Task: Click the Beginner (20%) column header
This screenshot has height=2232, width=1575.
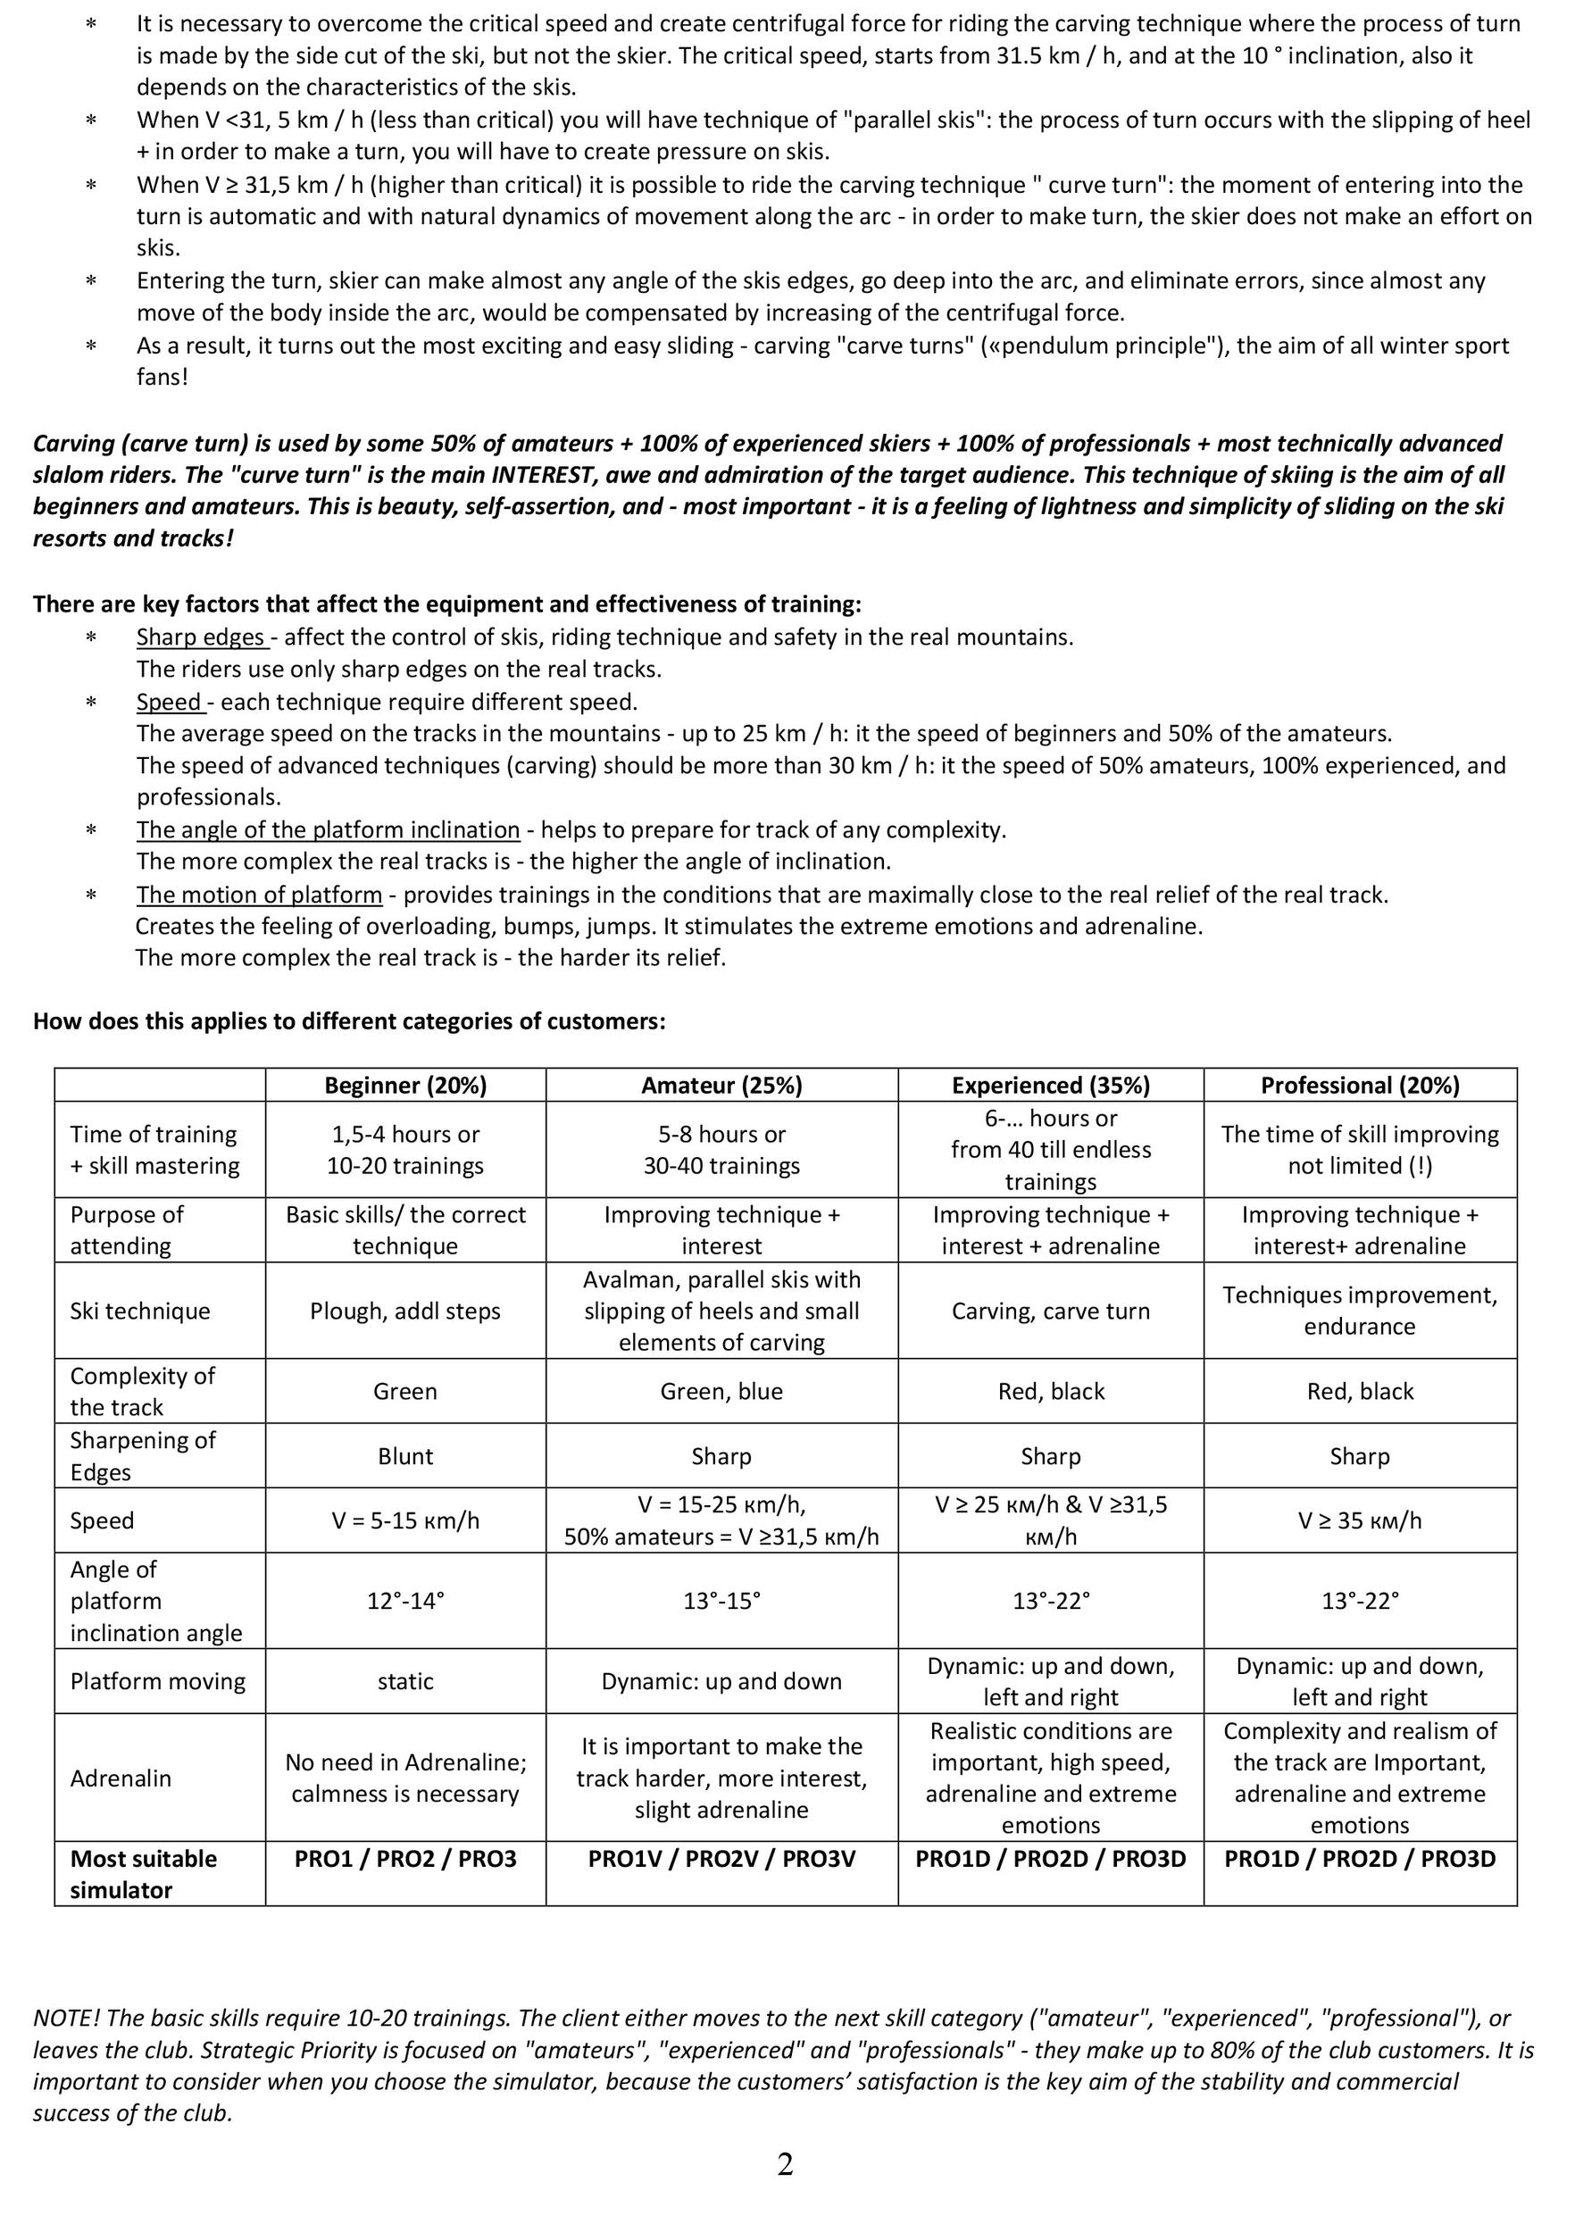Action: (x=405, y=1085)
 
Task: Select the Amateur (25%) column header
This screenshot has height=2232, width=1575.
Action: (x=721, y=1085)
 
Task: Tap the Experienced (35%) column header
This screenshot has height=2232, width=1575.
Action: (x=1050, y=1085)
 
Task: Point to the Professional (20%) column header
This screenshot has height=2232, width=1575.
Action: (x=1359, y=1085)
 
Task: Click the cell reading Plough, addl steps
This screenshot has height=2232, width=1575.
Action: (x=405, y=1311)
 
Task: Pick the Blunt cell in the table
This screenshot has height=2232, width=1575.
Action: (x=405, y=1455)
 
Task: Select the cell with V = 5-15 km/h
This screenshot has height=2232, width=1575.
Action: (x=405, y=1520)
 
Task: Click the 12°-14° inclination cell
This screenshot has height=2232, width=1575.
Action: (x=405, y=1600)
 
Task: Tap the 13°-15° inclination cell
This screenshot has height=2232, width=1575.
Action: (x=721, y=1600)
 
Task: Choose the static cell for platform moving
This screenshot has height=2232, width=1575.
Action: (x=405, y=1681)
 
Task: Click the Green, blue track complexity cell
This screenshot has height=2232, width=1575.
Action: (x=721, y=1391)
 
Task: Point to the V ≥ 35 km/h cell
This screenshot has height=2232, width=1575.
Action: (x=1359, y=1520)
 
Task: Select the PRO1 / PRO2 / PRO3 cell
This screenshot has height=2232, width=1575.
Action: (x=405, y=1859)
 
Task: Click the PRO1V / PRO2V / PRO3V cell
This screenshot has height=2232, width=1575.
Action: (x=721, y=1859)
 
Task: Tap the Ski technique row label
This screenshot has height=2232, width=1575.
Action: (x=140, y=1311)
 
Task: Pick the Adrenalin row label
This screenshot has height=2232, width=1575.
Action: (x=121, y=1778)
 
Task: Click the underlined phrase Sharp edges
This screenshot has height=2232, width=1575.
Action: (x=201, y=637)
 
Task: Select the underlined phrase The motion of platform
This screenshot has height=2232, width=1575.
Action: (x=259, y=895)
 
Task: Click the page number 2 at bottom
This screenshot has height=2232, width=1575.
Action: (x=786, y=2164)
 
